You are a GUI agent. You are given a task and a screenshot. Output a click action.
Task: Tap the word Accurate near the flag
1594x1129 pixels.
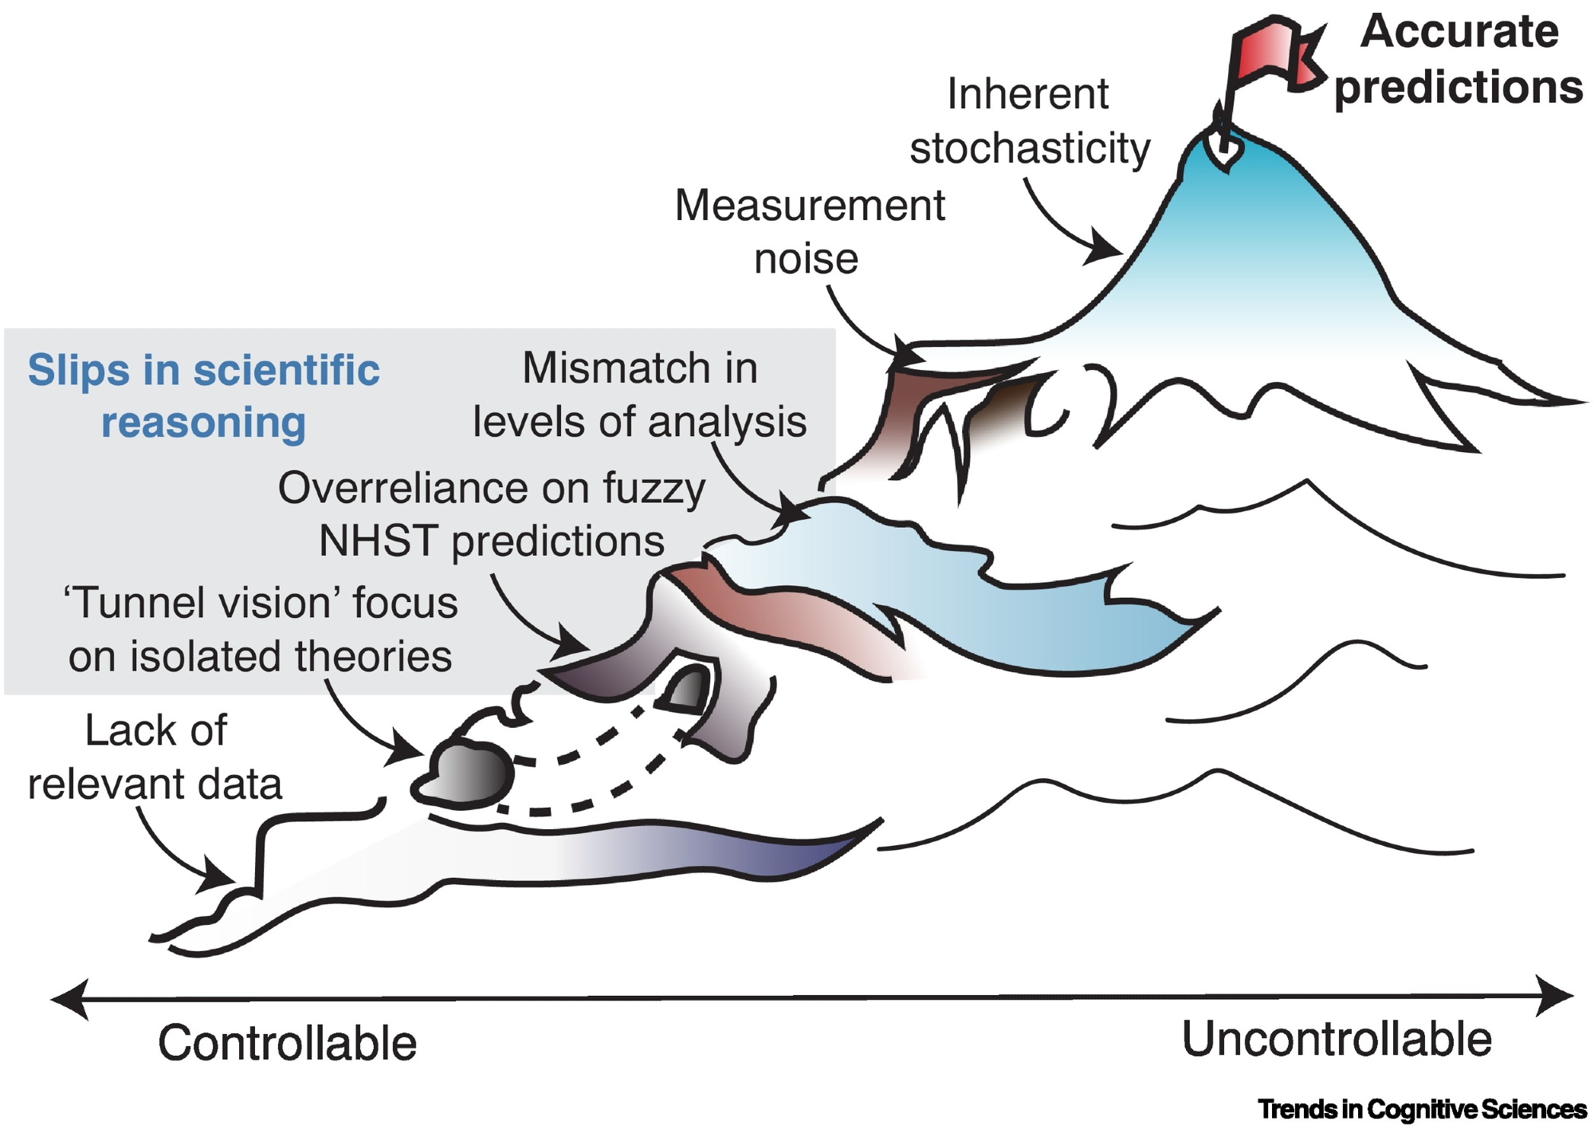[x=1459, y=32]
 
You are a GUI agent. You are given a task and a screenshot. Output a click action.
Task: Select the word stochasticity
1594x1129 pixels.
[x=1030, y=148]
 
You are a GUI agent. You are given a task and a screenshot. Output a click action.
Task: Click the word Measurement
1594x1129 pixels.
[x=810, y=206]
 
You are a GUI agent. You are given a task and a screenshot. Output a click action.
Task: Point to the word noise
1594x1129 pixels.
[x=806, y=259]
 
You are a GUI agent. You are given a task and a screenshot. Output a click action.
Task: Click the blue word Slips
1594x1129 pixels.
[x=78, y=370]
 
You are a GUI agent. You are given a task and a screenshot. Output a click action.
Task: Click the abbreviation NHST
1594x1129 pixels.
[x=377, y=541]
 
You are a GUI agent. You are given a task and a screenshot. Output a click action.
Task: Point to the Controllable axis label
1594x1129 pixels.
[x=287, y=1043]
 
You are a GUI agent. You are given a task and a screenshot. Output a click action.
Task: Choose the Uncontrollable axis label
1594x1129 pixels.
[x=1337, y=1040]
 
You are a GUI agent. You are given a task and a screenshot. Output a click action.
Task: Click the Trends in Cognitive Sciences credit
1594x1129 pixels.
[x=1422, y=1109]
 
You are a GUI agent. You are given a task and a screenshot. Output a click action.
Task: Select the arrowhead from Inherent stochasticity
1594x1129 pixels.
[x=1107, y=250]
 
